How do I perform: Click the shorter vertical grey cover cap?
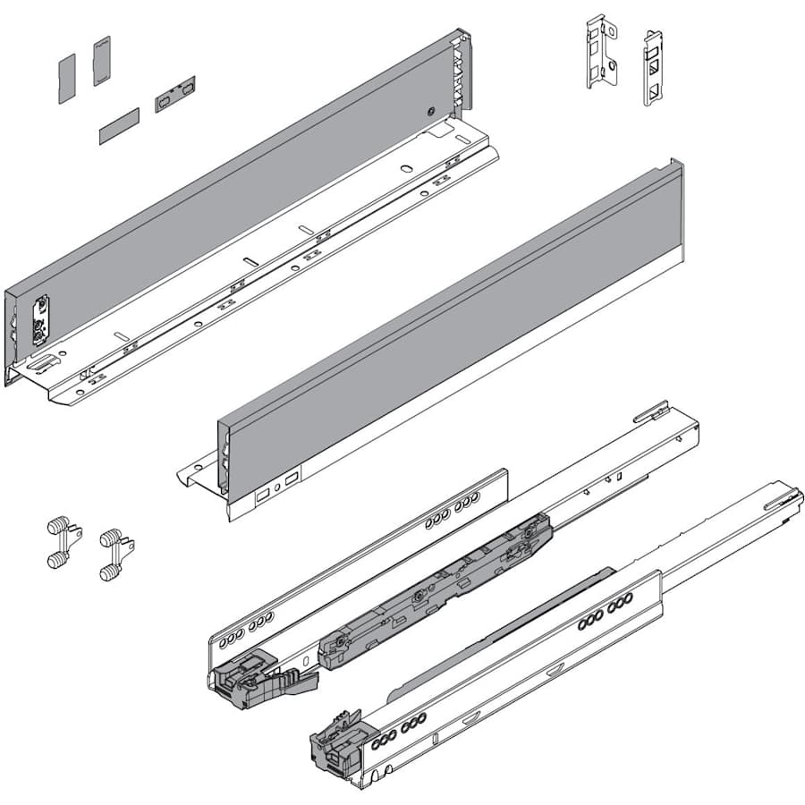(x=67, y=78)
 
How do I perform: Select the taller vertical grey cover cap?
(x=101, y=60)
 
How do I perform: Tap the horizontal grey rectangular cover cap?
(x=119, y=126)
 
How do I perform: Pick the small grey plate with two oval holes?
(x=174, y=94)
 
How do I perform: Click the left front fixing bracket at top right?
(x=602, y=51)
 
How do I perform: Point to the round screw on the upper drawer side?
(x=430, y=113)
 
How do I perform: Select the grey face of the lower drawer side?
(x=447, y=322)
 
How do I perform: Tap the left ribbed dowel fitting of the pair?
(x=59, y=542)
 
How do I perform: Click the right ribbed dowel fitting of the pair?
(x=113, y=554)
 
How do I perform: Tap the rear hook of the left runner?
(x=651, y=411)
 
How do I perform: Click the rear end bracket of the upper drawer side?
(x=461, y=72)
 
